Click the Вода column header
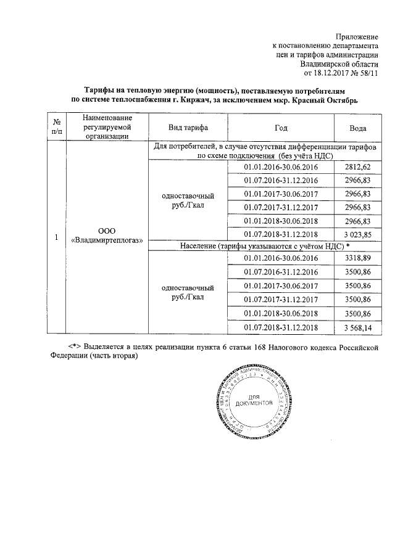[x=359, y=128]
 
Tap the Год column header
[x=281, y=128]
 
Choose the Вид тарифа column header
[x=188, y=128]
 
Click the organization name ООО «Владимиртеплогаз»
[x=107, y=235]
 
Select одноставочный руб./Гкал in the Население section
[x=188, y=292]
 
